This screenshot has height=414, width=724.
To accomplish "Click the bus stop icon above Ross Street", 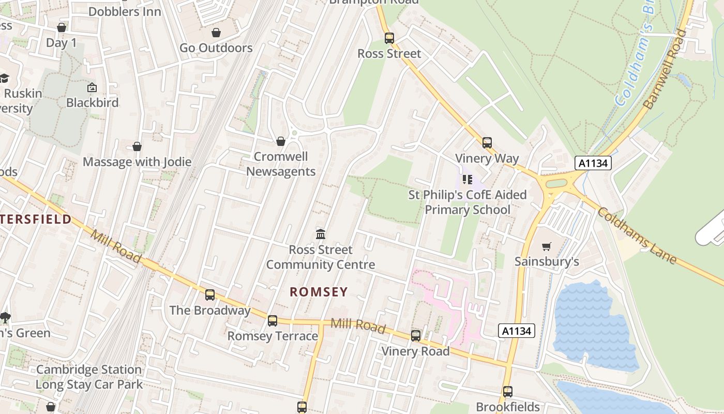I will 389,38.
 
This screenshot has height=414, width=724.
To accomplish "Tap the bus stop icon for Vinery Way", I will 487,143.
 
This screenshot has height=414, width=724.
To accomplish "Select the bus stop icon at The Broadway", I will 209,295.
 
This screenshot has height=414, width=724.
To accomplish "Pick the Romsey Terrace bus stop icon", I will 273,321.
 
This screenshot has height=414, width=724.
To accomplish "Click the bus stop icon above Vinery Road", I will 415,336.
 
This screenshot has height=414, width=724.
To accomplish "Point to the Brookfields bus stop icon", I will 507,392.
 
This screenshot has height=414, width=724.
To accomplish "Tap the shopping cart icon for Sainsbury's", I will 547,246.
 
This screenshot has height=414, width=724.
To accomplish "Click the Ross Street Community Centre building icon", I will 321,234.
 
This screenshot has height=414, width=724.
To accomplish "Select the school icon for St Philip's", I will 467,180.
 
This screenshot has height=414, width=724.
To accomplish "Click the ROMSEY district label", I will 319,292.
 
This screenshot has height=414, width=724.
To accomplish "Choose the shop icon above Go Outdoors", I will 216,33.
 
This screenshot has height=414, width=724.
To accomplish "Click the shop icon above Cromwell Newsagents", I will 280,141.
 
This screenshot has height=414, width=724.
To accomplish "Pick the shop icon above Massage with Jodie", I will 137,147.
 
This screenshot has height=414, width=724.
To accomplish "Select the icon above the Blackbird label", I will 92,87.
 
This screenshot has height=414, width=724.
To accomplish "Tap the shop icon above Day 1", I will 62,27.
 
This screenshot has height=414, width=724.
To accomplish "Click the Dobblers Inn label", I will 125,11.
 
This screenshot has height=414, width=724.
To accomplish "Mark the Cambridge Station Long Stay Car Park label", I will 89,377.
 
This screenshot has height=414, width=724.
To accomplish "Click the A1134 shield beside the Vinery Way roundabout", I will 593,164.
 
